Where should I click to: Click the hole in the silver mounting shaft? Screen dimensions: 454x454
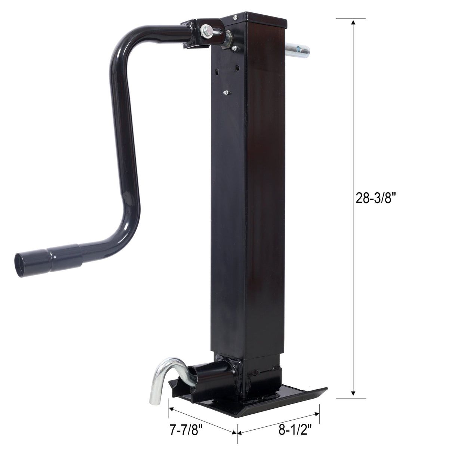coord(299,49)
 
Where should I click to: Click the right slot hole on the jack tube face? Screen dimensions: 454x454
coord(237,68)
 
